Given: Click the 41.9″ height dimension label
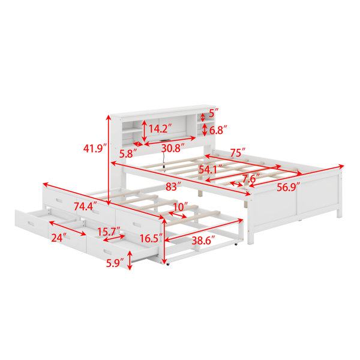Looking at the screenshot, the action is coord(95,149).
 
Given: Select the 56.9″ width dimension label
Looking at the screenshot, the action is coord(289,187).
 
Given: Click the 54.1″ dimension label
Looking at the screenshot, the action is coord(211,169).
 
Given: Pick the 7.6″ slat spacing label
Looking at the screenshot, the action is coord(251,178).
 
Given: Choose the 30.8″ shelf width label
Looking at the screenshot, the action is coord(173,148).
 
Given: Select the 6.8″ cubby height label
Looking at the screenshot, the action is coord(218,130).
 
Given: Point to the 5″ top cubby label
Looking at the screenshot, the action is coord(214,113).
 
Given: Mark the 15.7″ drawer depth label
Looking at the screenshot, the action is coord(109,232).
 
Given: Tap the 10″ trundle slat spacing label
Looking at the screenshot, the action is coord(181,207).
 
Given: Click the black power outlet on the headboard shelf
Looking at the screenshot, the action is coord(164,140).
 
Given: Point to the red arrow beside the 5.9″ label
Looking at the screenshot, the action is coord(130,260).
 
